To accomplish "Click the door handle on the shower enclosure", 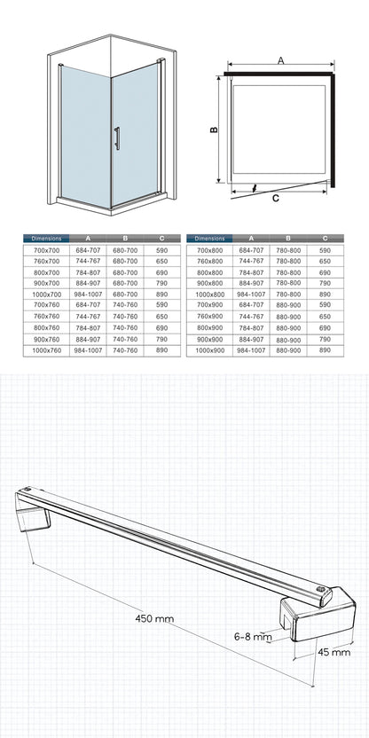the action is point(117,138).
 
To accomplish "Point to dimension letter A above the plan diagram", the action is point(281,60).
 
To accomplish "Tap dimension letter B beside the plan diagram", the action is point(214,129).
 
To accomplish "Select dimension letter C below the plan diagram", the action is point(276,198).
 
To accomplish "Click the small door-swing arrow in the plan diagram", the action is point(255,188).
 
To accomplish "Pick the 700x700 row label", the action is point(47,250).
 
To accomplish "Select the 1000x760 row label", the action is point(47,350).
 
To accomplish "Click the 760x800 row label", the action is point(210,261).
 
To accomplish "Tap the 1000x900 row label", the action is point(210,350).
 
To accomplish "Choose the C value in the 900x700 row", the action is point(162,283).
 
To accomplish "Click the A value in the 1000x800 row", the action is point(251,294).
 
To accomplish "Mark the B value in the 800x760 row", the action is point(125,327).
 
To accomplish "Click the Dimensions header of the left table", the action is point(46,239).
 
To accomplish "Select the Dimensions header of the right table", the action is point(209,239).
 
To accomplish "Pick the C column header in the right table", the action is point(326,239).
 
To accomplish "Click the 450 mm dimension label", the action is point(154,618).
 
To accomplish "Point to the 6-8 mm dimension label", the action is point(253,637).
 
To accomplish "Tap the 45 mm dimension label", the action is point(334,652).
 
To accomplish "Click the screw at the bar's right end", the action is point(321,589).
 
